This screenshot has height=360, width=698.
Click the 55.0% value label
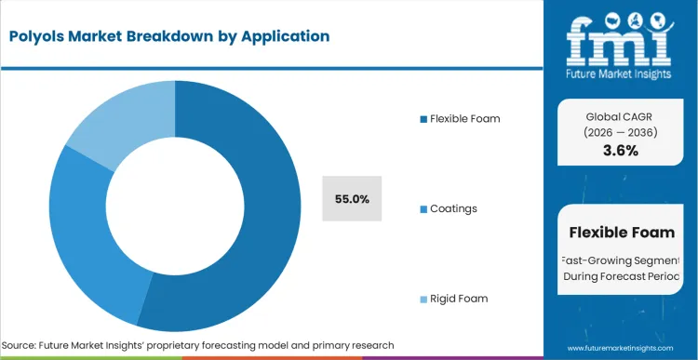pos(352,198)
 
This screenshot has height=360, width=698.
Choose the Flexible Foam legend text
pos(464,118)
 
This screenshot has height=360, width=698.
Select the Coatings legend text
pos(453,208)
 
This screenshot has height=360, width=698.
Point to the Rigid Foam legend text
pos(459,299)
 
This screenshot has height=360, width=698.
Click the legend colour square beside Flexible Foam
pos(423,119)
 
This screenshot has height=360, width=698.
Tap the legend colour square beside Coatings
pos(423,208)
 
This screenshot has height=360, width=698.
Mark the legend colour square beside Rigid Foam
pos(423,299)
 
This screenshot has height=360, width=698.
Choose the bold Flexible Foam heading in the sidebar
pos(622,232)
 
